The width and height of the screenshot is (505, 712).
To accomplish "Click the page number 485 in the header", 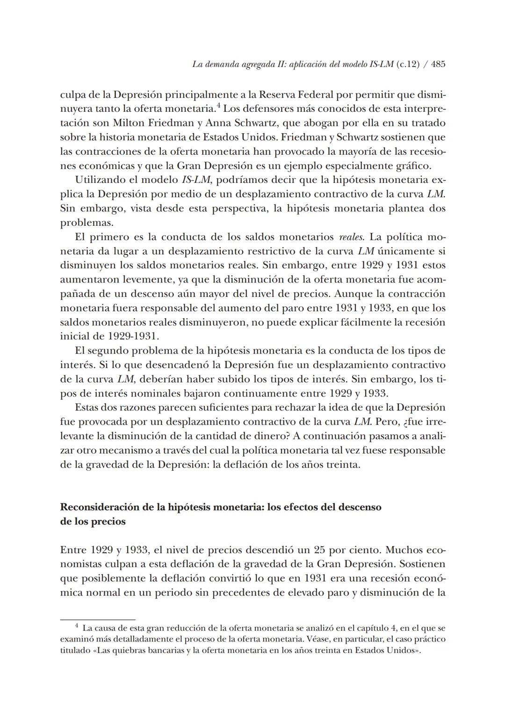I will click(438, 65).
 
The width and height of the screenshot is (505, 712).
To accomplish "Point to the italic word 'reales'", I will click(351, 237).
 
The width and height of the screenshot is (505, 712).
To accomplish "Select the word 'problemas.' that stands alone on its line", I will click(87, 223).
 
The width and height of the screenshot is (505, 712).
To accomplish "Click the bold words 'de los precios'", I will click(93, 522).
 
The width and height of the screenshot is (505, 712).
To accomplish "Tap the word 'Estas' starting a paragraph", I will click(87, 408).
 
